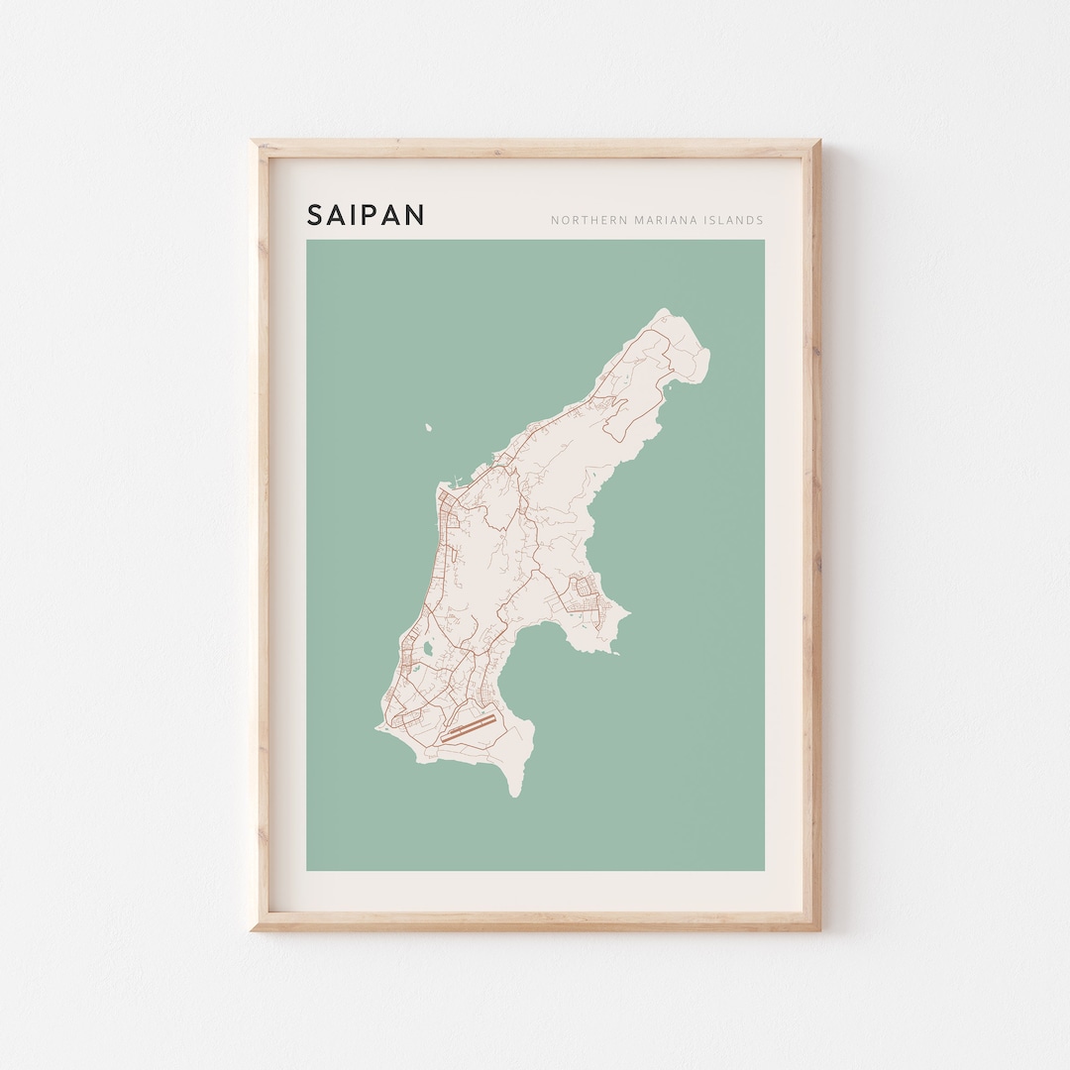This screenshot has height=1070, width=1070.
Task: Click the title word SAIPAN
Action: pyautogui.click(x=366, y=215)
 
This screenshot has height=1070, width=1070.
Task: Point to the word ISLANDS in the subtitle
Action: pyautogui.click(x=734, y=220)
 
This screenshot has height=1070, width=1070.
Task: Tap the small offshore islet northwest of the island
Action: pyautogui.click(x=429, y=428)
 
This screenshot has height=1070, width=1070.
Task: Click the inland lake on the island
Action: pyautogui.click(x=426, y=650)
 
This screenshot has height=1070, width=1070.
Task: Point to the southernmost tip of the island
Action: pyautogui.click(x=513, y=796)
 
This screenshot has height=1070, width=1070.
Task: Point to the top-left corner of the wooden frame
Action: pyautogui.click(x=253, y=143)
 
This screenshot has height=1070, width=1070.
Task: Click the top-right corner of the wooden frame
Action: pyautogui.click(x=818, y=143)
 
